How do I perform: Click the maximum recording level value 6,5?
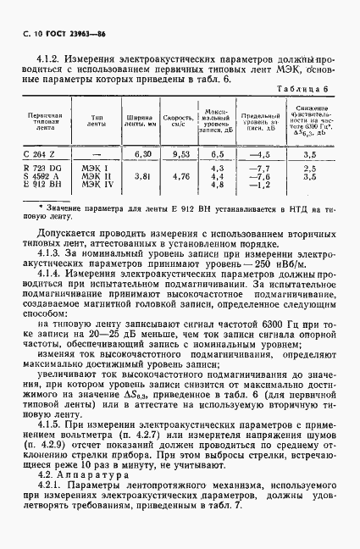tap(217, 153)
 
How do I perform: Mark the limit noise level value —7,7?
tap(258, 169)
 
